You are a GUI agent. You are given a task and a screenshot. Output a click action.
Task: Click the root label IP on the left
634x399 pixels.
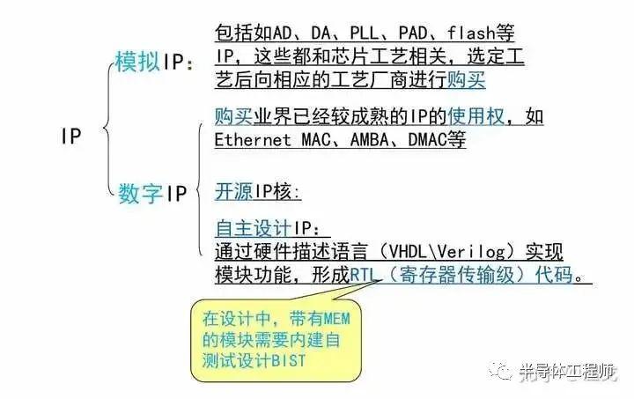pos(71,136)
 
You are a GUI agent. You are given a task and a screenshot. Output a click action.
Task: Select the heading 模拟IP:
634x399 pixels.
pos(154,62)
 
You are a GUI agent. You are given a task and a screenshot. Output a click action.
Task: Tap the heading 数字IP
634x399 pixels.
pos(152,193)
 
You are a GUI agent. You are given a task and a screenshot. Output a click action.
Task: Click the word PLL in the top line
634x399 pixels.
pos(364,33)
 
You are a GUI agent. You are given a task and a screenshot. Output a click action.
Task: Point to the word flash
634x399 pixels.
pos(471,33)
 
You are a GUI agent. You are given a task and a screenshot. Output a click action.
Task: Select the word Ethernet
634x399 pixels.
pos(253,140)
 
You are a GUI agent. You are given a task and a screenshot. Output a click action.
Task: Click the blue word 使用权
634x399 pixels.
pos(475,117)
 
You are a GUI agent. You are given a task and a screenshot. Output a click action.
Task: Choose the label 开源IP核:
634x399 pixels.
pos(258,192)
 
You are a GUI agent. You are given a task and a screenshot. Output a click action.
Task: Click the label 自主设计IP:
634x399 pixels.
pos(268,228)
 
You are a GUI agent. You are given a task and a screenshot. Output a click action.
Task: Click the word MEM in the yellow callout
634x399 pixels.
pos(335,319)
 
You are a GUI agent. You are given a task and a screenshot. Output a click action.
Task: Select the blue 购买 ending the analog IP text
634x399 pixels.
pos(466,79)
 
